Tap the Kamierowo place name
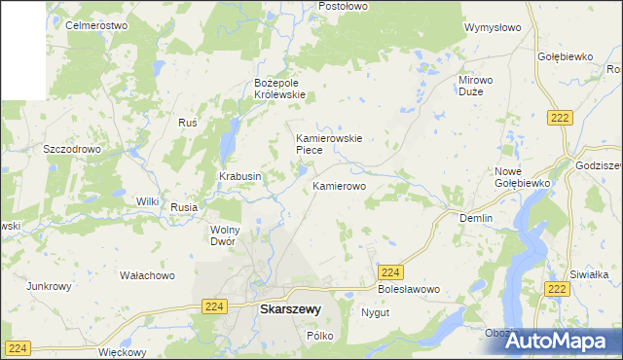tap(339, 185)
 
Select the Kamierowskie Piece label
tap(329, 144)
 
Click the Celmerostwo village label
tap(96, 25)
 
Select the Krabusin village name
tap(239, 176)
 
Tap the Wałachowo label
tap(147, 275)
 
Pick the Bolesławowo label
tap(409, 290)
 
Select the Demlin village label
tap(476, 219)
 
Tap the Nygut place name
tap(375, 313)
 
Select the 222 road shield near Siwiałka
tap(557, 289)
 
